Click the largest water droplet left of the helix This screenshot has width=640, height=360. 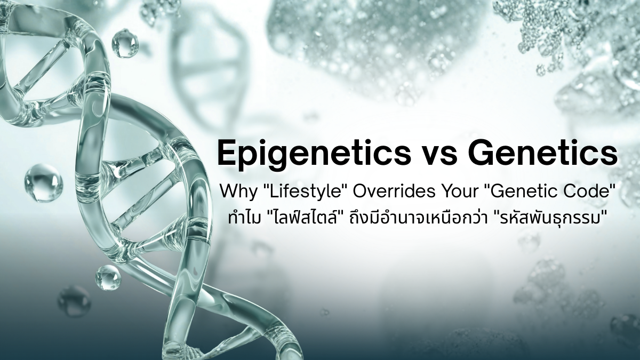[43, 183]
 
